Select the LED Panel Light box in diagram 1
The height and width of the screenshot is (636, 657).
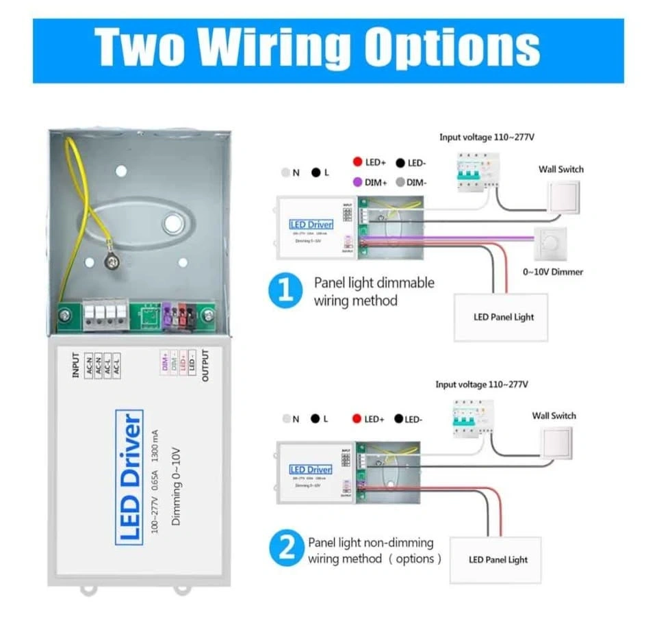click(502, 317)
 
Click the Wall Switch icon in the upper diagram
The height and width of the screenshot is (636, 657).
click(563, 197)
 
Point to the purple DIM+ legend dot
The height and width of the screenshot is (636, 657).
click(357, 183)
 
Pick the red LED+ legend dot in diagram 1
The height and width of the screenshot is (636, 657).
click(357, 162)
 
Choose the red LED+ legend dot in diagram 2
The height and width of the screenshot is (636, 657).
click(357, 418)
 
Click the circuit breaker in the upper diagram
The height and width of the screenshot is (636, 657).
click(472, 170)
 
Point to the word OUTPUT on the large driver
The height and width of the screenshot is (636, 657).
click(205, 366)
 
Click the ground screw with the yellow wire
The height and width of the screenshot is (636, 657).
click(109, 260)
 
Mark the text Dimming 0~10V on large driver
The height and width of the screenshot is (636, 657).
click(176, 483)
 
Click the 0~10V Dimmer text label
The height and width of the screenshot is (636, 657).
click(553, 272)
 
